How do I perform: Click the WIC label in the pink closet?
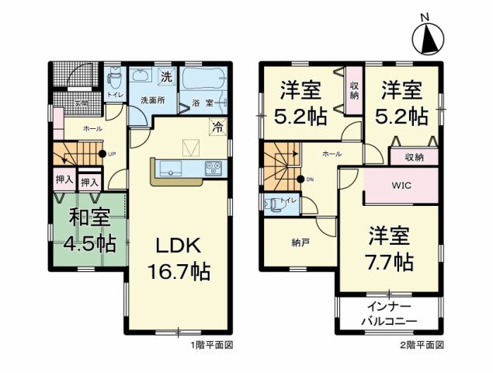[x=402, y=186]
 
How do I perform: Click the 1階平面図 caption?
[x=204, y=343]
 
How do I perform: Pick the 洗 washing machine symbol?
[x=167, y=76]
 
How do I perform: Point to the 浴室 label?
[x=203, y=103]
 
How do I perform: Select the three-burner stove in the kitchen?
[x=214, y=168]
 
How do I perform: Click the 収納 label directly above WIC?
[x=415, y=158]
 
